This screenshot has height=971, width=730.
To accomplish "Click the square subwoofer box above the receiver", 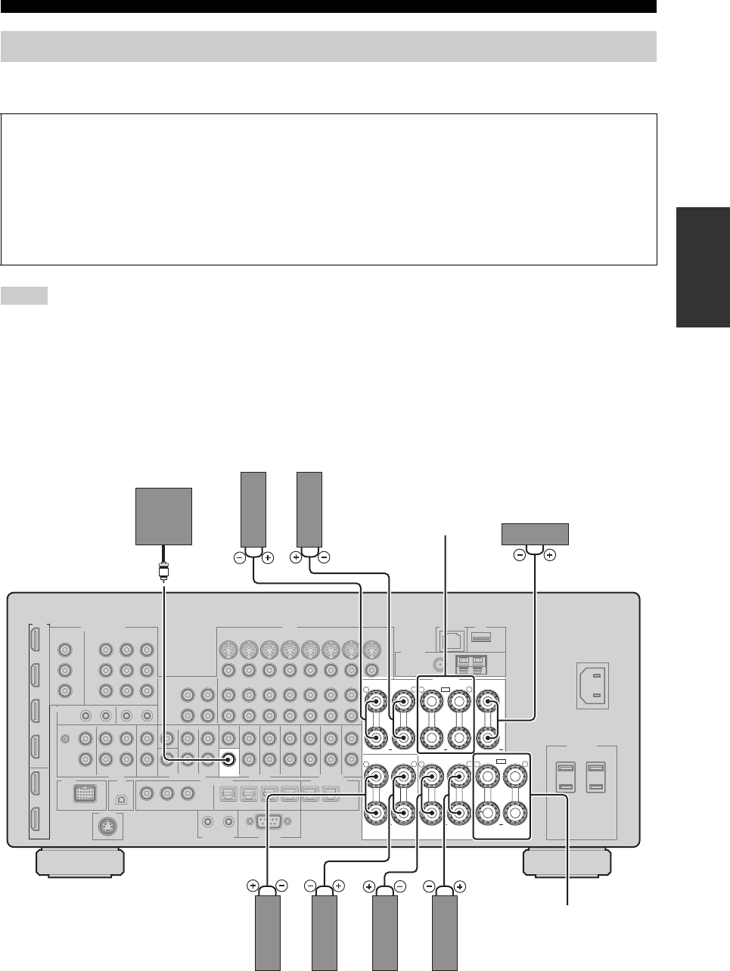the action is (x=163, y=516).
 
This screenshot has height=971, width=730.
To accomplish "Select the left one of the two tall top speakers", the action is (x=253, y=507).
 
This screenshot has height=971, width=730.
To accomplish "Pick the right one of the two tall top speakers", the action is (x=309, y=507).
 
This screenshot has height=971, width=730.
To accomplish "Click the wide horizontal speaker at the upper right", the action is (x=535, y=533).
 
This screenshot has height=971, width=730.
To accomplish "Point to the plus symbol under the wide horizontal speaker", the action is (x=549, y=554).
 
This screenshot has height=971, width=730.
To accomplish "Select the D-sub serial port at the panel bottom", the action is (x=269, y=821).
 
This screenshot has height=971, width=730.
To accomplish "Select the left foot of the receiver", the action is (x=79, y=861).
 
